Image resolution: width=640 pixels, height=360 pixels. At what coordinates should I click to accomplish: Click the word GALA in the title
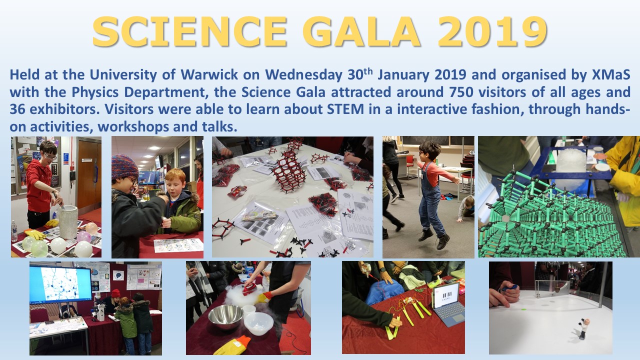(361, 31)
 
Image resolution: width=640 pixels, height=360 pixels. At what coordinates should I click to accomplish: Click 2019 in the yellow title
(492, 31)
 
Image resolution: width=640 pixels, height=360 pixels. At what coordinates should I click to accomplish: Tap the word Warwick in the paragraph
(209, 75)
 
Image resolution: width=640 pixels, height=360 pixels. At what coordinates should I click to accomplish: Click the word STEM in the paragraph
(345, 109)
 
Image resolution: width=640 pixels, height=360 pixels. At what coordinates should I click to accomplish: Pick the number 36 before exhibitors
(17, 109)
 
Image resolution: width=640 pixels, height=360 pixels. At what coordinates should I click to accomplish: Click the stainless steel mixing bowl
(225, 316)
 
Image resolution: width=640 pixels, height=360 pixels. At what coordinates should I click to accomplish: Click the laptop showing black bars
(447, 304)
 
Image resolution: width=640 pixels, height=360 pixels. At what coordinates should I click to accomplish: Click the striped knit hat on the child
(124, 167)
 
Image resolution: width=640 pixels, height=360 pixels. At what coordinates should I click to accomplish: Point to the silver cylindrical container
(68, 221)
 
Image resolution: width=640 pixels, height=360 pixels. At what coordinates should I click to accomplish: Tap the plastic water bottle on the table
(14, 231)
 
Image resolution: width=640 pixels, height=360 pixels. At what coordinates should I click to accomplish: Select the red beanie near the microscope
(115, 293)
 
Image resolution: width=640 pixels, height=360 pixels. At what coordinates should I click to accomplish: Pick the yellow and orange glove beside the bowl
(233, 345)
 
